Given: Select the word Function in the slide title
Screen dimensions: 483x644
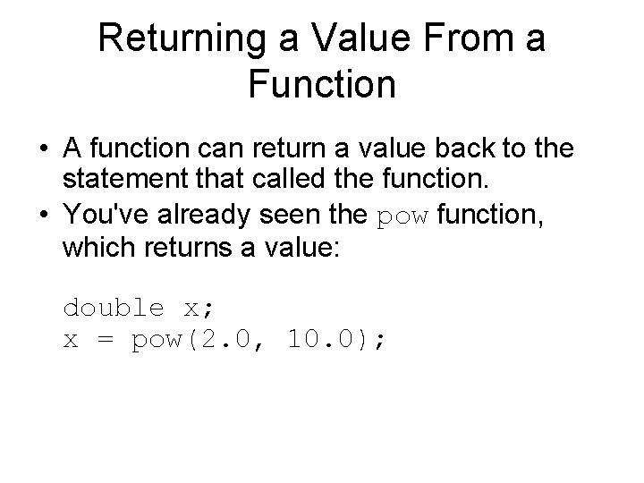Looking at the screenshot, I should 322,85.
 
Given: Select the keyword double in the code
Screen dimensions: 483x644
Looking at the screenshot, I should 114,308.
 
